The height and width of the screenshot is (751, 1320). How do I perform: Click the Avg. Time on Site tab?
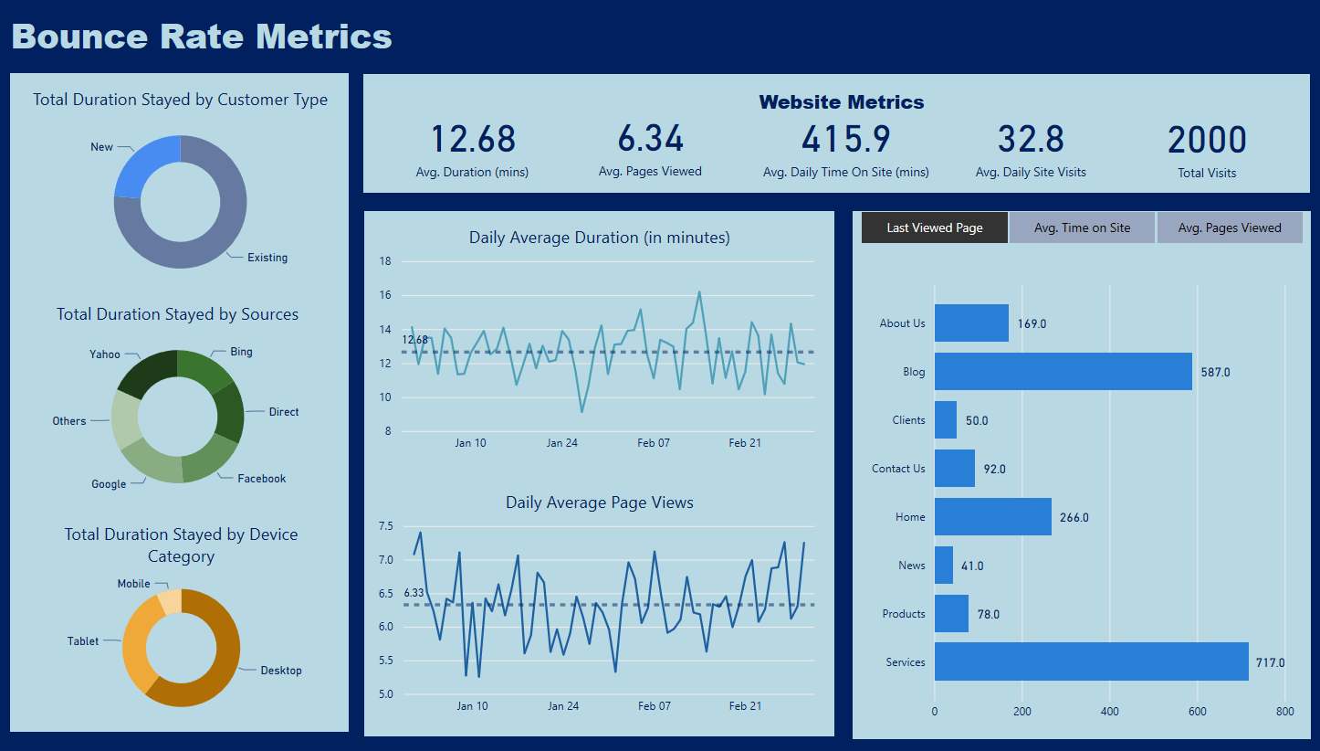pos(1082,227)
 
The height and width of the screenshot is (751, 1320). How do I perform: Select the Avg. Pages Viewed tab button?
pos(1230,227)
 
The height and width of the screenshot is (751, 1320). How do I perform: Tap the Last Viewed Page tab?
pos(935,227)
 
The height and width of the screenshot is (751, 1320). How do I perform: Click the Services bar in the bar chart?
pos(1091,661)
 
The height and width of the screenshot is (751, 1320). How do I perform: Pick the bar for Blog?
pos(1063,371)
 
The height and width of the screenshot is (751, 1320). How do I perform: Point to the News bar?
pos(944,565)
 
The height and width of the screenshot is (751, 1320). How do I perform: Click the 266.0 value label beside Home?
pos(1074,518)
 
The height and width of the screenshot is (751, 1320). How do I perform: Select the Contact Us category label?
pos(898,469)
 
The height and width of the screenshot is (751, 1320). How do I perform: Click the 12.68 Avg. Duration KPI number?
pos(473,140)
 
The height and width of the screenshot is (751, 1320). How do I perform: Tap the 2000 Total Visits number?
pos(1207,141)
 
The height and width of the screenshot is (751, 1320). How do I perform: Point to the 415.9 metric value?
pos(845,140)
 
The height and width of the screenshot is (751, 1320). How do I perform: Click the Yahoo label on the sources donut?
pos(105,354)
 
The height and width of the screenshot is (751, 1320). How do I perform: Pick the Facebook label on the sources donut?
pos(262,479)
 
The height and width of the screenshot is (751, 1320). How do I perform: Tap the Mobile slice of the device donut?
pos(170,601)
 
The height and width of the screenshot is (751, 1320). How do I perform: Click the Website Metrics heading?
pos(842,102)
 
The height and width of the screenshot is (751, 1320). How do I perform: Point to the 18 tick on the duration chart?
pos(385,262)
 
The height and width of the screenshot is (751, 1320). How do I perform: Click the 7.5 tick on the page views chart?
pos(385,526)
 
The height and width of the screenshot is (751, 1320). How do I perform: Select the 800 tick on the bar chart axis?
pos(1284,712)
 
